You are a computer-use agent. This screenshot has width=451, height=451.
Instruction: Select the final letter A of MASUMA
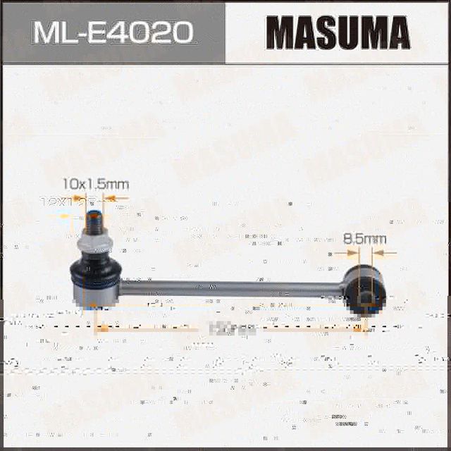click(x=396, y=32)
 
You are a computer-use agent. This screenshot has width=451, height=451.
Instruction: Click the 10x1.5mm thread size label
click(x=96, y=184)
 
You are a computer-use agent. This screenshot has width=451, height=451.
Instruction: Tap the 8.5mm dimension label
click(x=365, y=239)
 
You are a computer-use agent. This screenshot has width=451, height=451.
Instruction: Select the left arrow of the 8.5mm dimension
click(x=337, y=252)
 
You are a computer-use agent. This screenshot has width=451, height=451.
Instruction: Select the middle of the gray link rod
click(x=233, y=288)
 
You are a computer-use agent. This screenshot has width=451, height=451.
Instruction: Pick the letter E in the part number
click(x=102, y=32)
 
